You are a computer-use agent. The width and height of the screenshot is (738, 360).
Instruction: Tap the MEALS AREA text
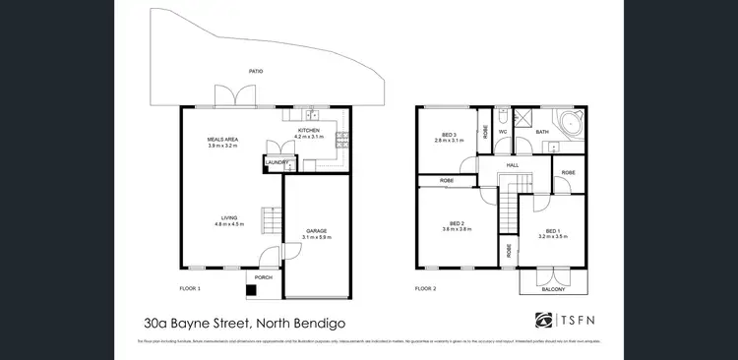coord(222,140)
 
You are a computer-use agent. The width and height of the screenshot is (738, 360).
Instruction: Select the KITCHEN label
coord(308,131)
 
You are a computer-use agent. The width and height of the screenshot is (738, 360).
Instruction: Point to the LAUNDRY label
coord(275,161)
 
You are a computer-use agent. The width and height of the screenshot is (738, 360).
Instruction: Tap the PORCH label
coord(263,278)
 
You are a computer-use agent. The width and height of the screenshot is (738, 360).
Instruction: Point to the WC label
coord(503,131)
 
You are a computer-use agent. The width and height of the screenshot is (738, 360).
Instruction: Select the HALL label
coord(512,165)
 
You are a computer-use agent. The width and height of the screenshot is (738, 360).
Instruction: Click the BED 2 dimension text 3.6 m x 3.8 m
coord(458,228)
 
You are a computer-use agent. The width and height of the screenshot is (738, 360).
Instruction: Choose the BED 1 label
coord(553,231)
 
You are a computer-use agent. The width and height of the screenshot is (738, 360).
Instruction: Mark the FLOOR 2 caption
coord(425,289)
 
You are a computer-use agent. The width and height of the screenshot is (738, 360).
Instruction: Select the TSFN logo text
coord(581,321)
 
